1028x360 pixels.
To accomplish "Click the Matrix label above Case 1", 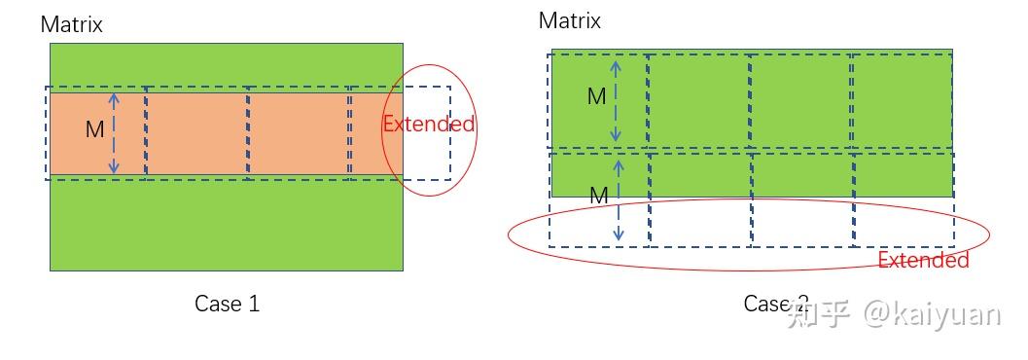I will tap(72, 24).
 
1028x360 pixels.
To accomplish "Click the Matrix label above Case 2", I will tap(570, 20).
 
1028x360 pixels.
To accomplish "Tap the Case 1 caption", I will tap(227, 304).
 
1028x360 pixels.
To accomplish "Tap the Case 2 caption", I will tap(775, 304).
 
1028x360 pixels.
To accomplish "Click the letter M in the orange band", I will tap(94, 129).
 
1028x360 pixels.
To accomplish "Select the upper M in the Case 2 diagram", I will tap(596, 96).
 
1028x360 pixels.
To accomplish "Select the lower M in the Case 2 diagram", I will tap(599, 197).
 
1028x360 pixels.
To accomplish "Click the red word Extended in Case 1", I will tap(428, 125).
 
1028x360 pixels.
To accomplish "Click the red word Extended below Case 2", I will tap(923, 261).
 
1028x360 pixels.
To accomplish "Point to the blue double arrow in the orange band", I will tap(114, 133).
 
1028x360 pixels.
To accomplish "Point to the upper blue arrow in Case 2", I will tap(614, 101).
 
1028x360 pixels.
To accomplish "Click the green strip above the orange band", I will tap(226, 66).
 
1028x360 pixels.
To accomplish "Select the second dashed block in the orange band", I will tap(197, 132).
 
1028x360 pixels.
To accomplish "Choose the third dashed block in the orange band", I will tap(299, 132).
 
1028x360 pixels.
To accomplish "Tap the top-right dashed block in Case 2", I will tap(902, 101).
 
